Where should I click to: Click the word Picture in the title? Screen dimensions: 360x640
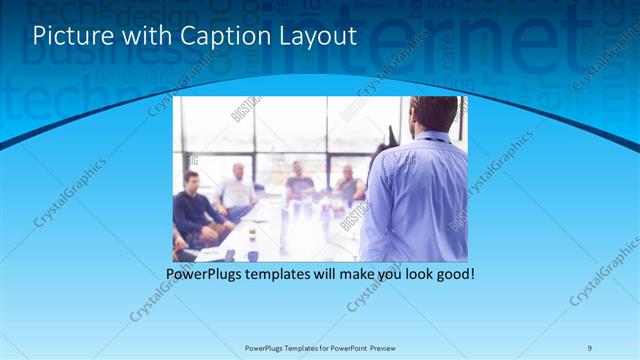click(70, 36)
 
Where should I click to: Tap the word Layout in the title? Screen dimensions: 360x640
click(317, 36)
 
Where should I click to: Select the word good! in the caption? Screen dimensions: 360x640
click(453, 273)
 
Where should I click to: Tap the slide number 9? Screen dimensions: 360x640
click(590, 347)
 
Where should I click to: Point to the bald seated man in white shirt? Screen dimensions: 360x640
click(237, 190)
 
